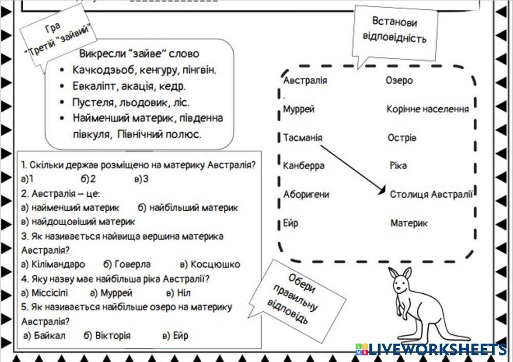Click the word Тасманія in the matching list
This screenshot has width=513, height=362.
[303, 138]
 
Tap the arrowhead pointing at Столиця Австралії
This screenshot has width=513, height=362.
[382, 191]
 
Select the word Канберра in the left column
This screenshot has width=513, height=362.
[304, 166]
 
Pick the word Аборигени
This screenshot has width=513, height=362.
[306, 195]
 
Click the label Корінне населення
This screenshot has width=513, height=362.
[428, 109]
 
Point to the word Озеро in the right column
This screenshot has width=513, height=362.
[399, 81]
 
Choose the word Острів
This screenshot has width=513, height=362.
[402, 138]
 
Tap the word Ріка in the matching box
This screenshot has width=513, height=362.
[398, 166]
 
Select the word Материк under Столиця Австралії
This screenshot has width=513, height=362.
[409, 223]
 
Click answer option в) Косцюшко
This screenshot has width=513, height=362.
[210, 265]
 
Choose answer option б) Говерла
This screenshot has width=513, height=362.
[127, 265]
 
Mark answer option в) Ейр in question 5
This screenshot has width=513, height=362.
[175, 336]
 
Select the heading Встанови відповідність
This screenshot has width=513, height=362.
[394, 30]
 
